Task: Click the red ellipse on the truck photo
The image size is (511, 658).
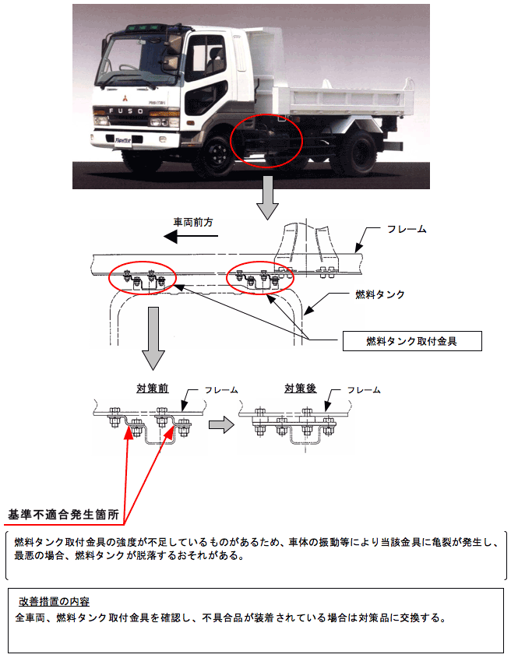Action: (x=266, y=141)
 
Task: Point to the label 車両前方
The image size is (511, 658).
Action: (x=193, y=223)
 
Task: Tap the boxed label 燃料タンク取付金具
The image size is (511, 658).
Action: (x=411, y=341)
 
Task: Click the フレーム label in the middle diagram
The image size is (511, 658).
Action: (x=407, y=230)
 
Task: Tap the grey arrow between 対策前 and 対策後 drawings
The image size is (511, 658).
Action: (x=223, y=424)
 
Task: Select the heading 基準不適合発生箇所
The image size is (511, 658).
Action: (x=63, y=515)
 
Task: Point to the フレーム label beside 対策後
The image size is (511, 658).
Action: (x=364, y=389)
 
